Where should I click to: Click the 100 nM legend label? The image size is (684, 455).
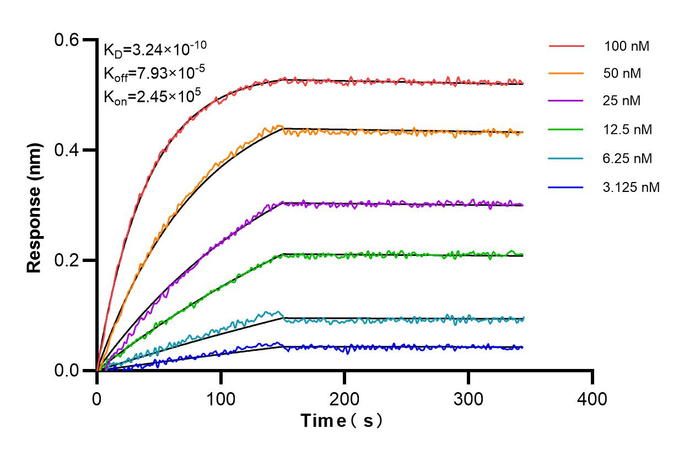click(x=626, y=46)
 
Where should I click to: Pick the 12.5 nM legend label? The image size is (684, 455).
click(x=628, y=130)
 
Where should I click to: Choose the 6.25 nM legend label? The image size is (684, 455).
click(x=628, y=159)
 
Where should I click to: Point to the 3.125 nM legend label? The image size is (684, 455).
click(x=631, y=188)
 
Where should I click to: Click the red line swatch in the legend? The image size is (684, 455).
click(x=566, y=46)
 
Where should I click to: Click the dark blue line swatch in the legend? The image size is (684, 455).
click(x=566, y=188)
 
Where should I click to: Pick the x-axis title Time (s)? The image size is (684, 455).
click(x=341, y=421)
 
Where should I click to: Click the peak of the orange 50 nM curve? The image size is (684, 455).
click(x=279, y=126)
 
